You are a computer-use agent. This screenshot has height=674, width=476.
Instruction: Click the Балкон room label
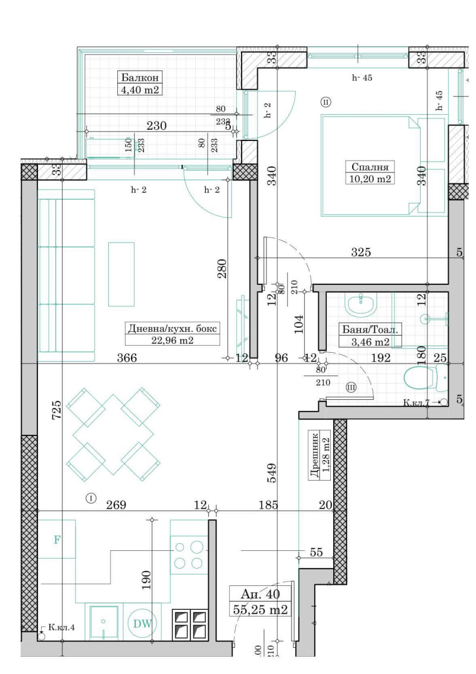140,78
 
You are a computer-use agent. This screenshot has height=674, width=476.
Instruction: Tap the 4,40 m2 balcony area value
140,90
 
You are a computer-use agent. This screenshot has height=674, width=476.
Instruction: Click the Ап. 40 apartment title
261,594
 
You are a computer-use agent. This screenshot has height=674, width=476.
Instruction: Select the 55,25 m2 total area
261,609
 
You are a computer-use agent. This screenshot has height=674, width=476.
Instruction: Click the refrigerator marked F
57,540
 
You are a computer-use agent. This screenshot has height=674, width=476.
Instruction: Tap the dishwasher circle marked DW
141,623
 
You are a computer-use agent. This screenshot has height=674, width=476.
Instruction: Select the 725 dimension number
57,411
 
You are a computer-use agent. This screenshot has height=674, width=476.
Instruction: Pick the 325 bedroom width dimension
361,252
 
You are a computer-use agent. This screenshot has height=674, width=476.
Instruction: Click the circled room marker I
91,498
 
